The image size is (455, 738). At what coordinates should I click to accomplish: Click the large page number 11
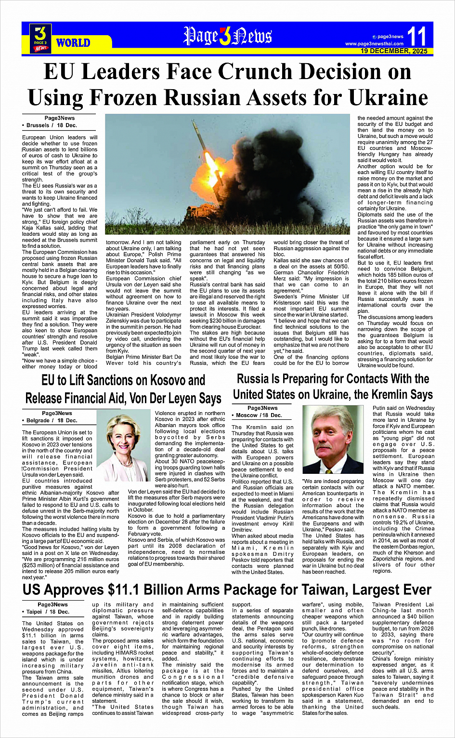coord(417,37)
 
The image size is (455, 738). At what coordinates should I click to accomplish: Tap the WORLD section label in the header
coord(73,43)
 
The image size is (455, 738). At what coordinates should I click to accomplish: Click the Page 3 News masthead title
coord(227,36)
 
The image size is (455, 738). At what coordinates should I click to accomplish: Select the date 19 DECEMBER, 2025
coord(394,51)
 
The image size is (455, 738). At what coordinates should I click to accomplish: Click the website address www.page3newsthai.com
coord(374,44)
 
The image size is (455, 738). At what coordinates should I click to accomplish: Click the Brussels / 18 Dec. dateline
coord(51,125)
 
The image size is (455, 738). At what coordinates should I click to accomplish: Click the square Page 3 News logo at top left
coord(40,38)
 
